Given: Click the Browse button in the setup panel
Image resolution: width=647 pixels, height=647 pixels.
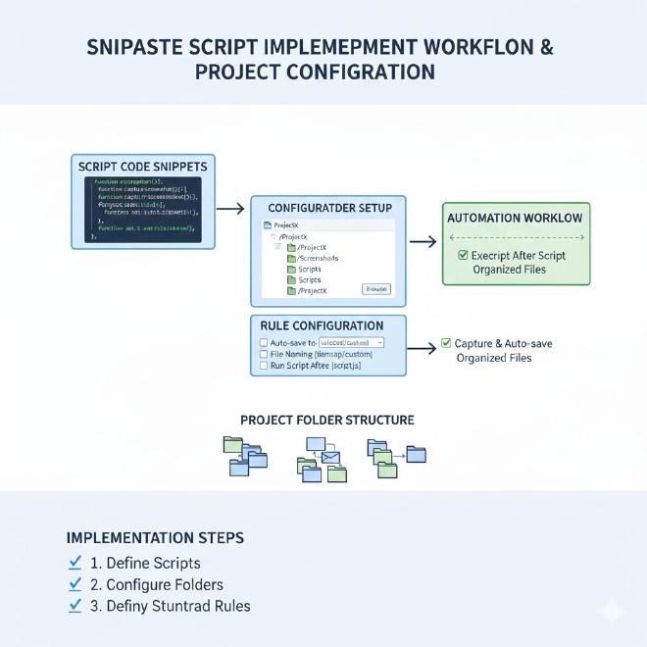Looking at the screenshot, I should (x=376, y=288).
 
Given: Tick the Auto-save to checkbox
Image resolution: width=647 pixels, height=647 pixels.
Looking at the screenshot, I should (x=263, y=342).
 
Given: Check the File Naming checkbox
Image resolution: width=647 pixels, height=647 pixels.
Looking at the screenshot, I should (x=263, y=354).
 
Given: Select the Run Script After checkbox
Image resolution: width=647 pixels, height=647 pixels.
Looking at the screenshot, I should (x=263, y=366).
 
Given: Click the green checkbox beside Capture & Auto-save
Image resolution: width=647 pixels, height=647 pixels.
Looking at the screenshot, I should (x=446, y=343).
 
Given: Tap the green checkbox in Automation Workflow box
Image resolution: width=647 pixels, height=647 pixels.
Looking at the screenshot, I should (x=463, y=255).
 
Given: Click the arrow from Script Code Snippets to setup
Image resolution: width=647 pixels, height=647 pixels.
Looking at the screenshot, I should (x=229, y=208).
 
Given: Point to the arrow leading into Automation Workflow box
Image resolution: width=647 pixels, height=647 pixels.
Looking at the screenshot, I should (x=423, y=241).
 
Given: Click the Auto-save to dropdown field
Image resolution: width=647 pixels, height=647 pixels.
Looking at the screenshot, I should (x=350, y=342).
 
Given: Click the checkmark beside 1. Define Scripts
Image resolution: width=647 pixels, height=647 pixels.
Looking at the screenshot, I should (x=75, y=563).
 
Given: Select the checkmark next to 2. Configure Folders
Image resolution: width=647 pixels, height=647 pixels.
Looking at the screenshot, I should (x=75, y=584).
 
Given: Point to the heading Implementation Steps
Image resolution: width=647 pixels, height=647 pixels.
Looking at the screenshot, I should (x=155, y=538).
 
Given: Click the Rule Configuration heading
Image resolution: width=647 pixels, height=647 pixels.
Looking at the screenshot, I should (x=322, y=325).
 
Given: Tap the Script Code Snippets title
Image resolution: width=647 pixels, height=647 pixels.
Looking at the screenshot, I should (x=142, y=167).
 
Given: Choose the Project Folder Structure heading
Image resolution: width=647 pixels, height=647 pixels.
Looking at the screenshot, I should (x=326, y=420).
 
